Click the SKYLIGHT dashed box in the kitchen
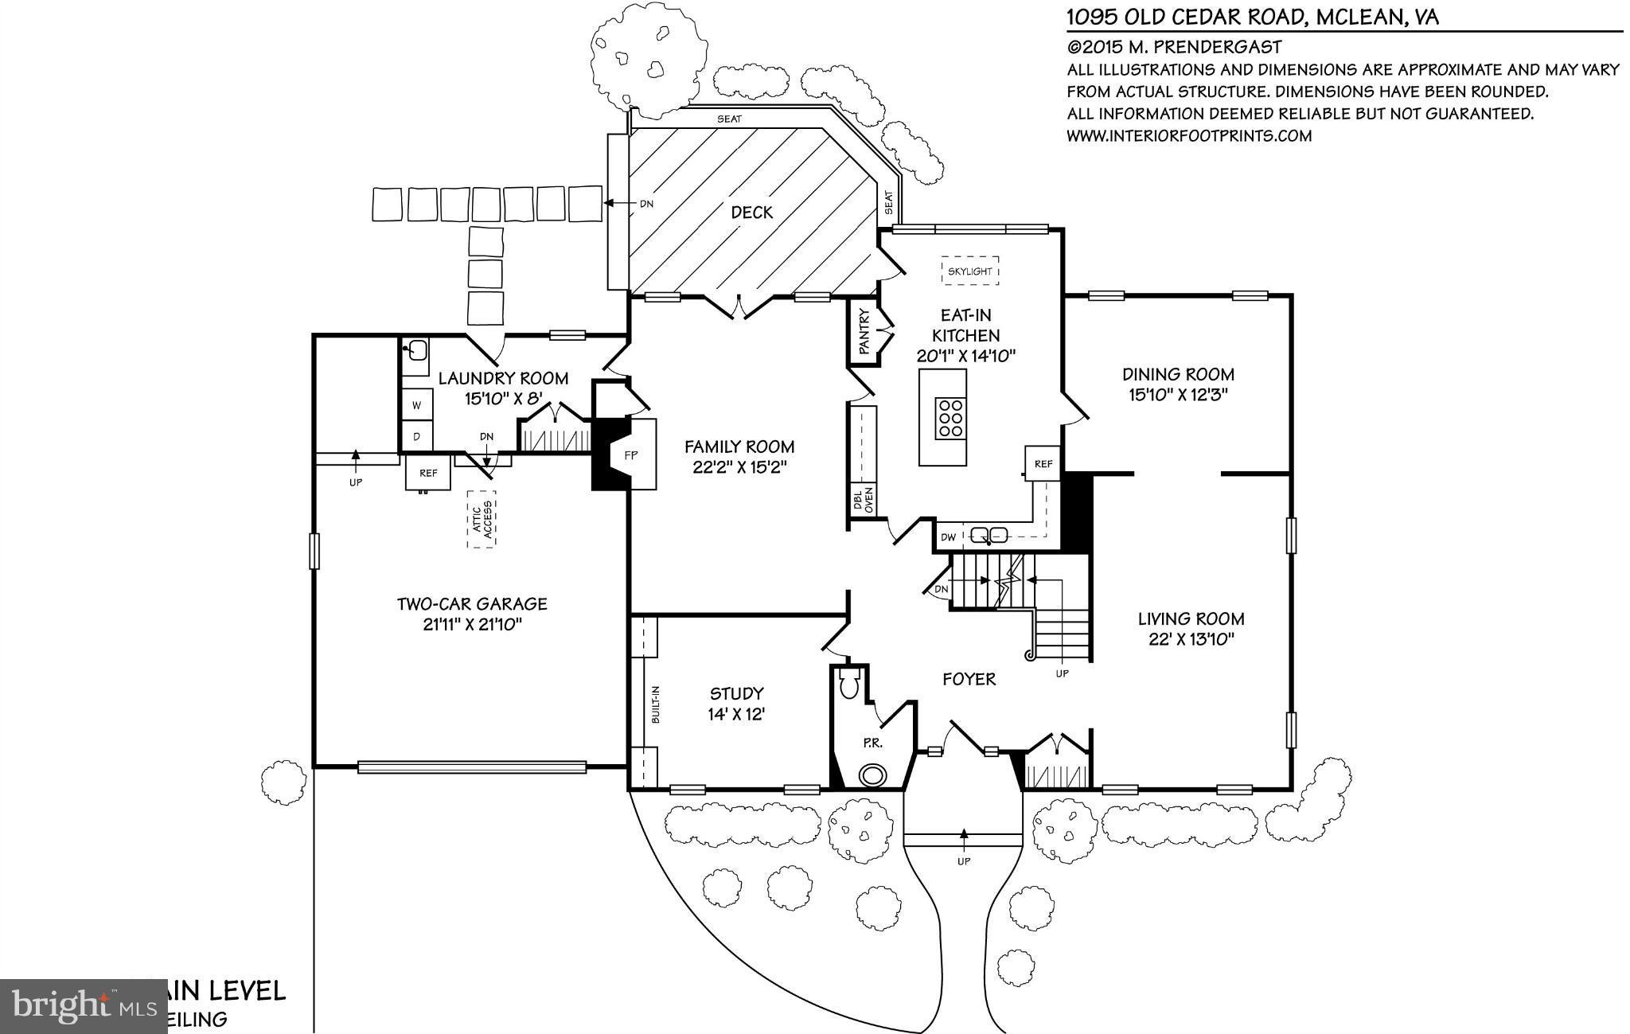click(969, 271)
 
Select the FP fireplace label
click(631, 455)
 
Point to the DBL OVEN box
click(863, 499)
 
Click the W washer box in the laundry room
click(416, 405)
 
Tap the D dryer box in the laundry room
click(416, 435)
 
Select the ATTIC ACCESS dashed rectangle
click(481, 519)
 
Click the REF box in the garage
click(428, 473)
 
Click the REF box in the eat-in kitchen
click(1043, 463)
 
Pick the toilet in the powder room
click(848, 684)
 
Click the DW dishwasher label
click(948, 537)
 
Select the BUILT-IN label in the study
click(656, 704)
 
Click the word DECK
click(751, 213)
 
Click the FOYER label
click(969, 679)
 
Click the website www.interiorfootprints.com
click(1188, 136)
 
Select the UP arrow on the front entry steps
click(964, 836)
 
